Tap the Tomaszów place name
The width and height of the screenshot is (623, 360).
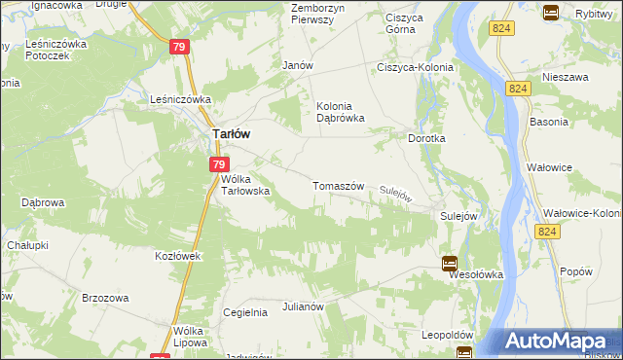pyautogui.click(x=338, y=186)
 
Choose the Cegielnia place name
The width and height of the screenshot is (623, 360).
pyautogui.click(x=245, y=312)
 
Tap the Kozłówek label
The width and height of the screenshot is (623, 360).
pyautogui.click(x=177, y=256)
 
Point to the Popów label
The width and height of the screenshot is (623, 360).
pyautogui.click(x=576, y=271)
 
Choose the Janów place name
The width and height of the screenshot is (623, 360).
pyautogui.click(x=296, y=65)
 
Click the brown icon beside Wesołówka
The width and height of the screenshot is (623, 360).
pyautogui.click(x=449, y=263)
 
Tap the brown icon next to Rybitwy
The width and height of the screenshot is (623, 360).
pyautogui.click(x=550, y=13)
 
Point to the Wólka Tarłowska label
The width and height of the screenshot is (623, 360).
pyautogui.click(x=245, y=185)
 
